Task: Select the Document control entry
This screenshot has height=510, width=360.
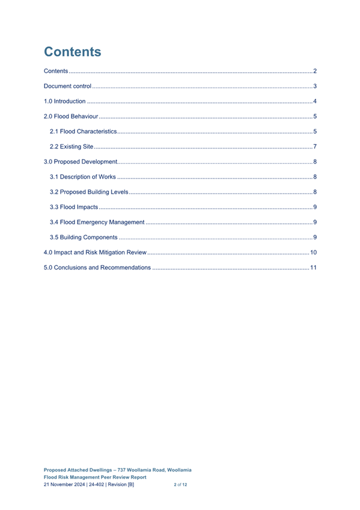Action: [67, 87]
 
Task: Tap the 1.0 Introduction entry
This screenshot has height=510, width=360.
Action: [65, 102]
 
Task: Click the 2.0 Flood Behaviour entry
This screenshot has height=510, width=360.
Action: [71, 117]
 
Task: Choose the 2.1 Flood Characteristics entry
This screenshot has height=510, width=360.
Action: [83, 132]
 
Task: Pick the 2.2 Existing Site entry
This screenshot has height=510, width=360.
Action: [72, 147]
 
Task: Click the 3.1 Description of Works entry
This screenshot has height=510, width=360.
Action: [83, 177]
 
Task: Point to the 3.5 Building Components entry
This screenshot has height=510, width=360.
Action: [84, 237]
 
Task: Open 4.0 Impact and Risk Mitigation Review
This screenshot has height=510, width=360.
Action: [96, 252]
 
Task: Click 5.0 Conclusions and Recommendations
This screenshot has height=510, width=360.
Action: [97, 267]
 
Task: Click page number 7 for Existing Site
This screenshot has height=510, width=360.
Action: [314, 147]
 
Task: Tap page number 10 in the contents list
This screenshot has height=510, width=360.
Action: [313, 252]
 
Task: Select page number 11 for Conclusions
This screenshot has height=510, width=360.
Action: [313, 267]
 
